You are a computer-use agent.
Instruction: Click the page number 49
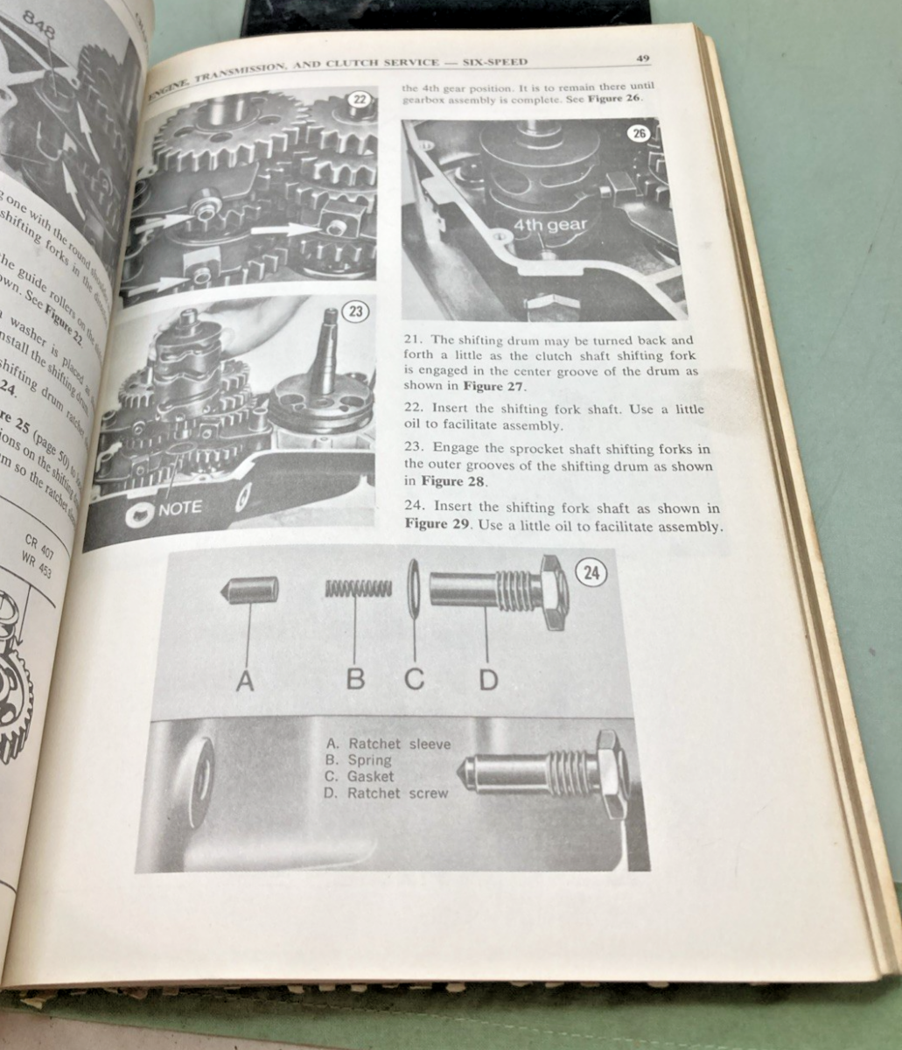(x=643, y=59)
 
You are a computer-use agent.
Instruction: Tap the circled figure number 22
(x=360, y=99)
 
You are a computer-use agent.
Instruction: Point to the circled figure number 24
(x=592, y=573)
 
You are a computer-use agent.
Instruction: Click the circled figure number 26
(x=640, y=134)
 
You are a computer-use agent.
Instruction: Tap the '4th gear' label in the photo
(x=549, y=225)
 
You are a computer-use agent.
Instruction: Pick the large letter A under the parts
(x=246, y=680)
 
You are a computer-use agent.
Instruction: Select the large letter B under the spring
(x=355, y=678)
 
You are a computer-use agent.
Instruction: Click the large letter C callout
(x=414, y=678)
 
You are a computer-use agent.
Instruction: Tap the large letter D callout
(x=487, y=678)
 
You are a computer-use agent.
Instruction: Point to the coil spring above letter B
(x=358, y=589)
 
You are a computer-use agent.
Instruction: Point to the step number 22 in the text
(x=413, y=409)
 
